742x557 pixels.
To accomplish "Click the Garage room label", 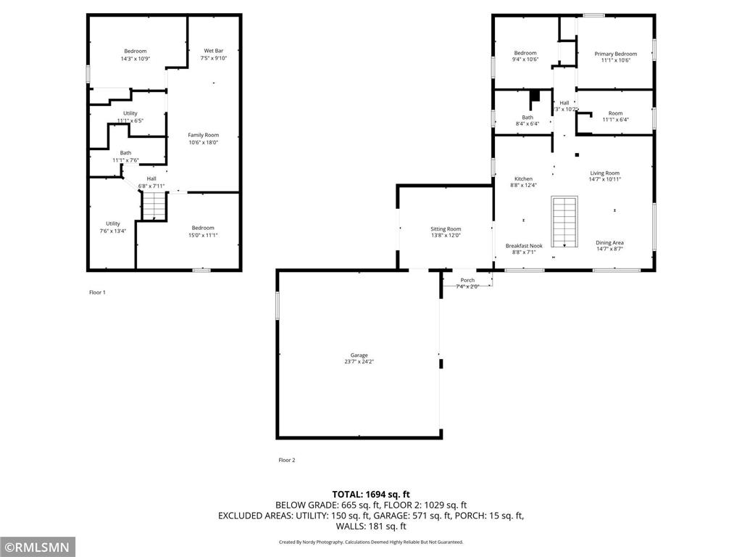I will click(x=359, y=355).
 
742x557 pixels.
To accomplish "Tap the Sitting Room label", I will click(x=446, y=229).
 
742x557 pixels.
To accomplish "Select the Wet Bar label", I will click(x=213, y=51).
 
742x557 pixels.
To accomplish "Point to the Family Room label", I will click(x=203, y=135).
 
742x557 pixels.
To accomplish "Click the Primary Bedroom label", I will click(x=615, y=54).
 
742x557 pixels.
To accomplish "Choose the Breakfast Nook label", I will click(x=523, y=246).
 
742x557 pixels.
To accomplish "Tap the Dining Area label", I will click(x=609, y=243).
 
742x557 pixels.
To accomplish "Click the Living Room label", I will click(x=604, y=173).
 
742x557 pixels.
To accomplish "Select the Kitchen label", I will click(x=523, y=178).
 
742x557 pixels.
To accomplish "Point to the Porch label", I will click(x=467, y=280).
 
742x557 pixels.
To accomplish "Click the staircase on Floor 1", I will click(x=153, y=207).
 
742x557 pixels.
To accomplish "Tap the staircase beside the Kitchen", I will click(x=564, y=221).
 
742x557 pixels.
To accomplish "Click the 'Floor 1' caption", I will click(x=97, y=292).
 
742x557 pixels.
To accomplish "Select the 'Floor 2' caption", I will click(x=287, y=460).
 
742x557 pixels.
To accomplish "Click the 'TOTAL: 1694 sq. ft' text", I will click(x=371, y=494).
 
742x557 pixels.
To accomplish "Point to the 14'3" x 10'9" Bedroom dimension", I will click(x=135, y=59).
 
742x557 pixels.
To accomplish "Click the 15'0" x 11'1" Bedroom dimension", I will click(x=203, y=235).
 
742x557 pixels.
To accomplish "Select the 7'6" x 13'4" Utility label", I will click(x=112, y=227).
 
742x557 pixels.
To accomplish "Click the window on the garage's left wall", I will click(x=277, y=305).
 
